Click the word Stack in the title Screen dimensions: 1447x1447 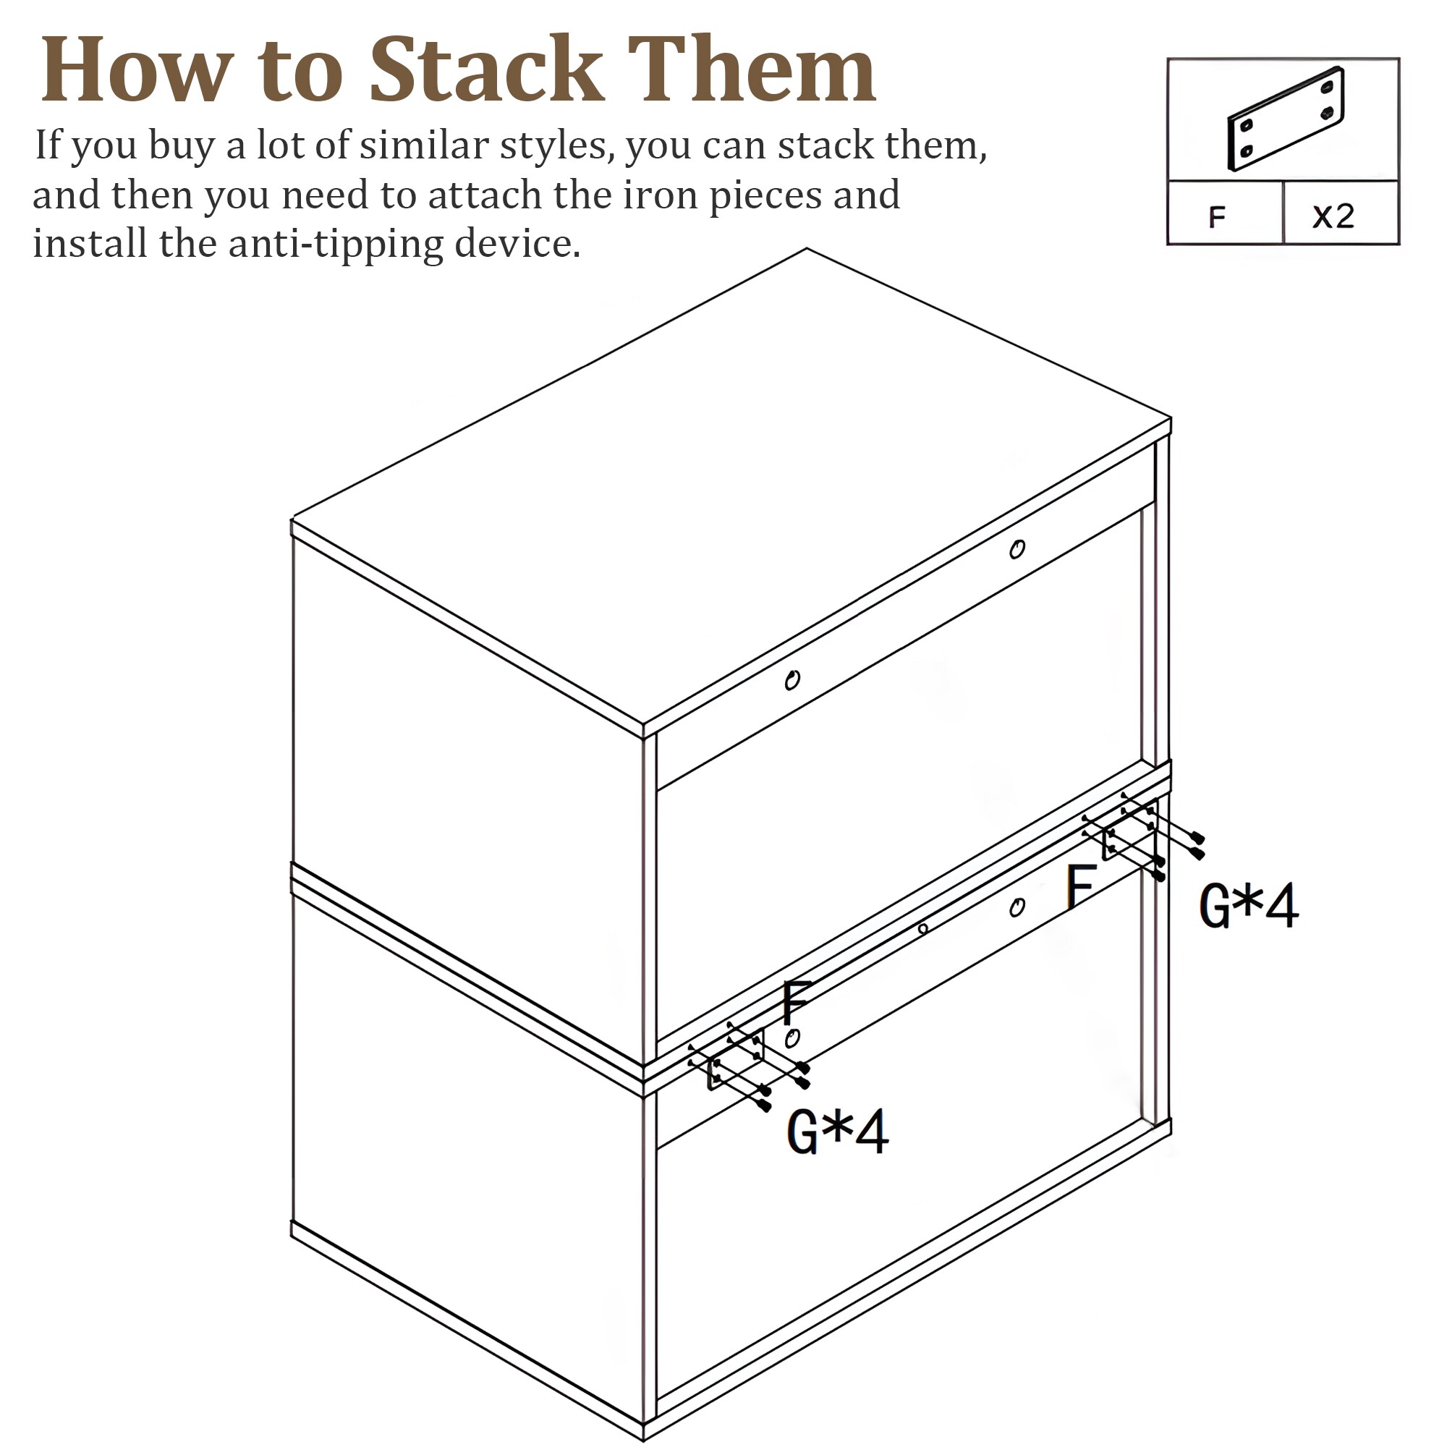(486, 69)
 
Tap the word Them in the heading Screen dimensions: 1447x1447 (751, 69)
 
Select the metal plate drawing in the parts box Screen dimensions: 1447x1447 (1285, 119)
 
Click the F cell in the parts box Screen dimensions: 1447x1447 (1217, 216)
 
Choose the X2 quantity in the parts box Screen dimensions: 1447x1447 (1334, 216)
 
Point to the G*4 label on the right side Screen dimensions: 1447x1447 (1249, 906)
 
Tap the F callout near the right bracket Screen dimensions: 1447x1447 (1082, 886)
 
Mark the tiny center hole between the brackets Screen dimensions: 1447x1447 (922, 929)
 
